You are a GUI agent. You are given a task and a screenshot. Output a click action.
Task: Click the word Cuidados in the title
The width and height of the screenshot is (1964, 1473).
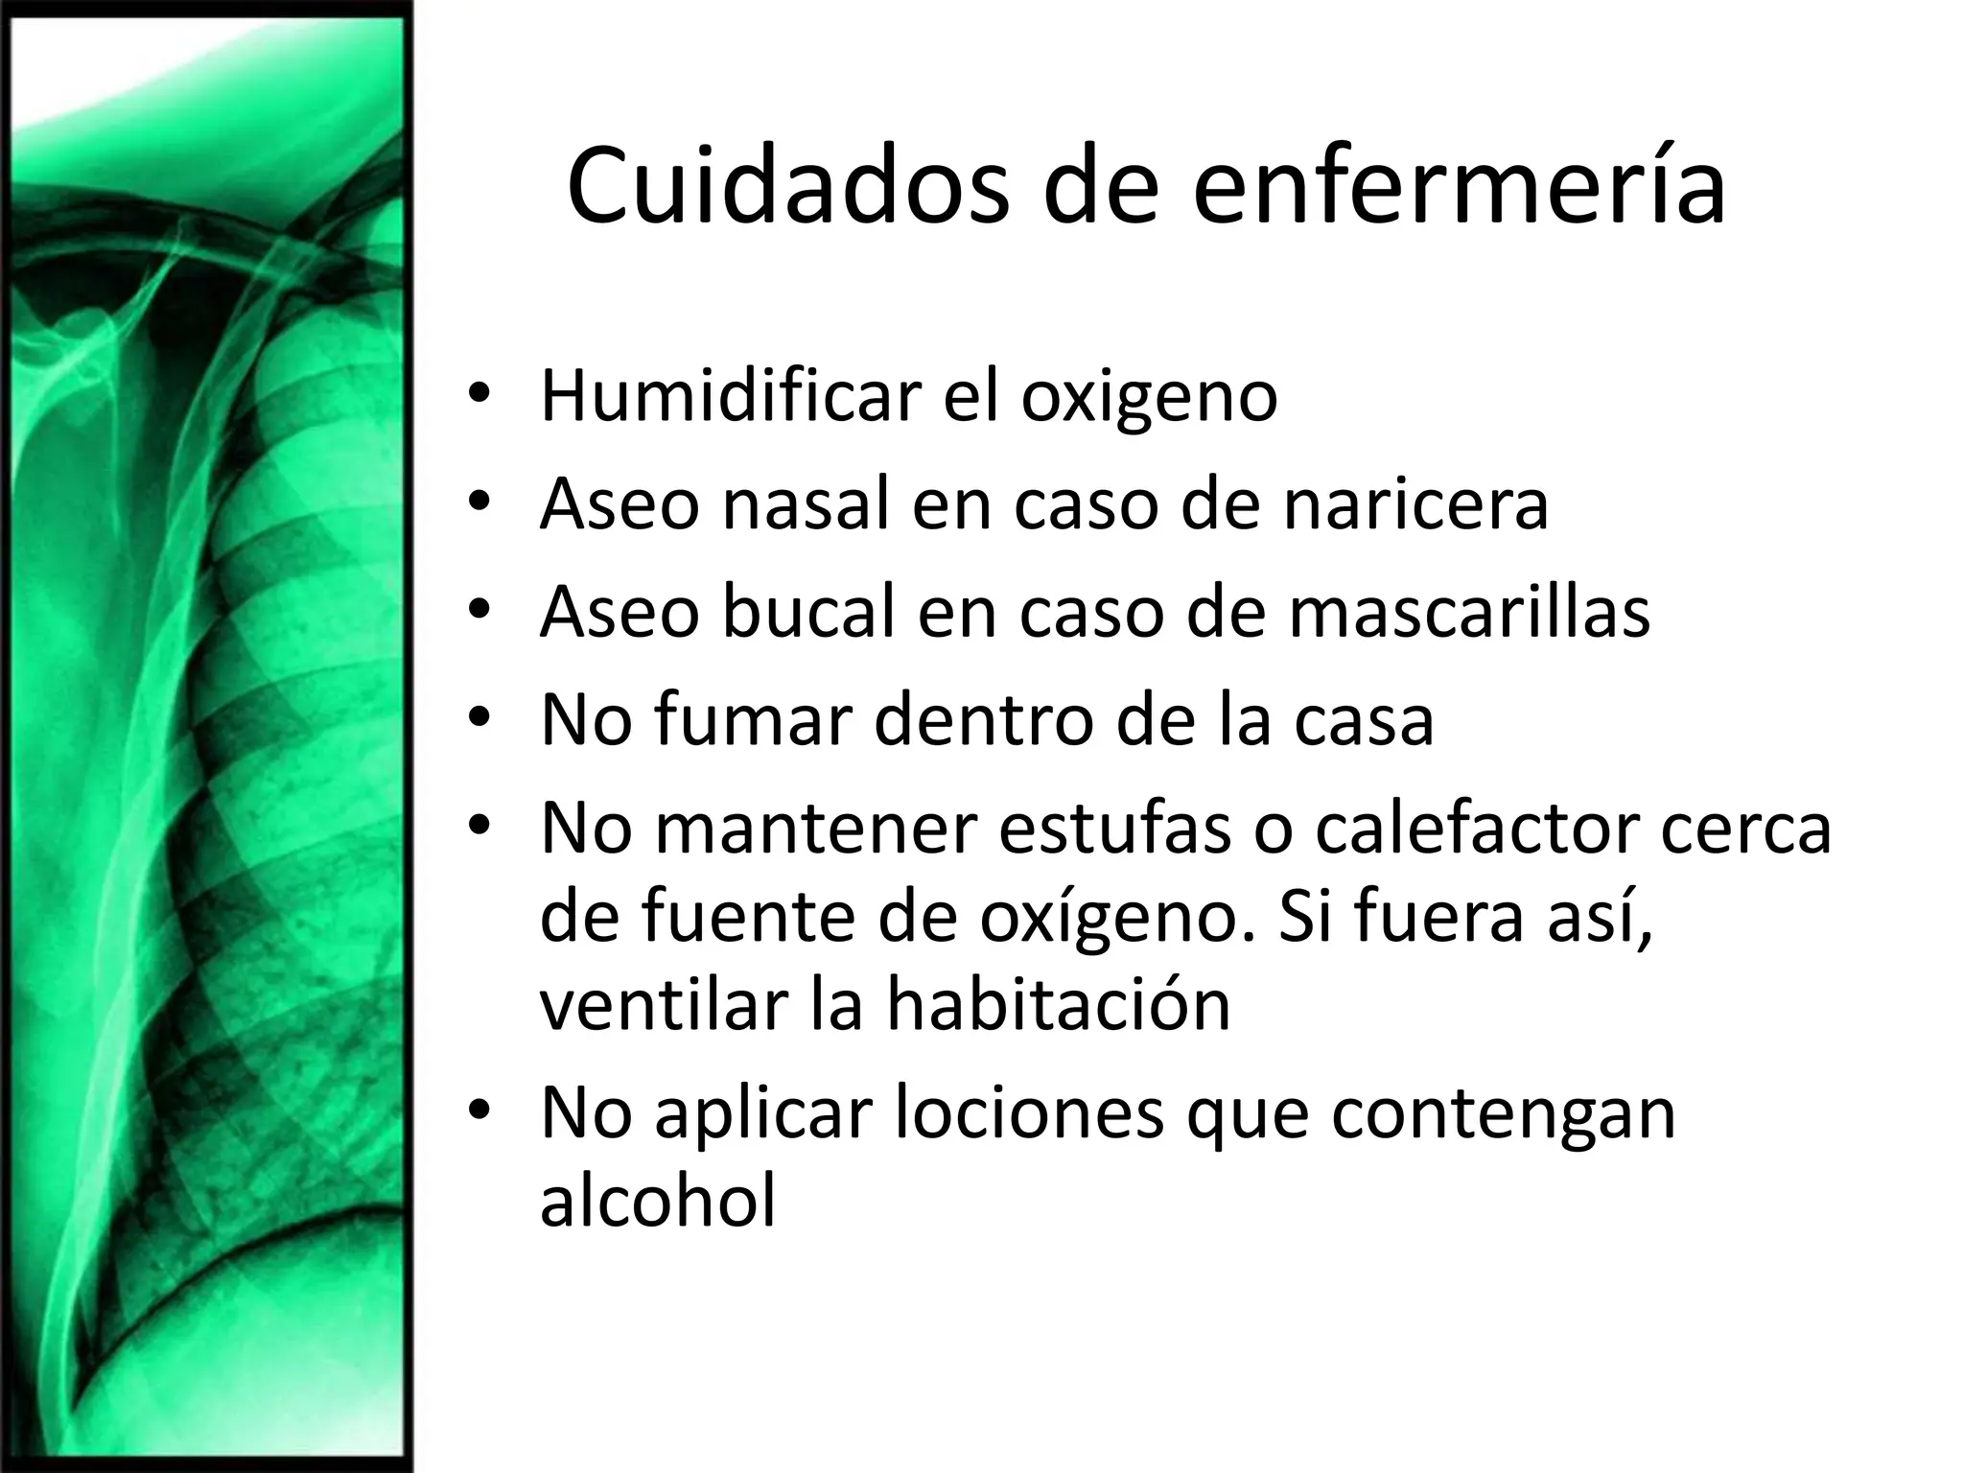point(787,186)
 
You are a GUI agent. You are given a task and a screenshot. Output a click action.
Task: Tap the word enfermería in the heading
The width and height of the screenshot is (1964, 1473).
point(1458,186)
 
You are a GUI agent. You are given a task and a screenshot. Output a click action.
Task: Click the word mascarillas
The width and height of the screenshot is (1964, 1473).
point(1469,614)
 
